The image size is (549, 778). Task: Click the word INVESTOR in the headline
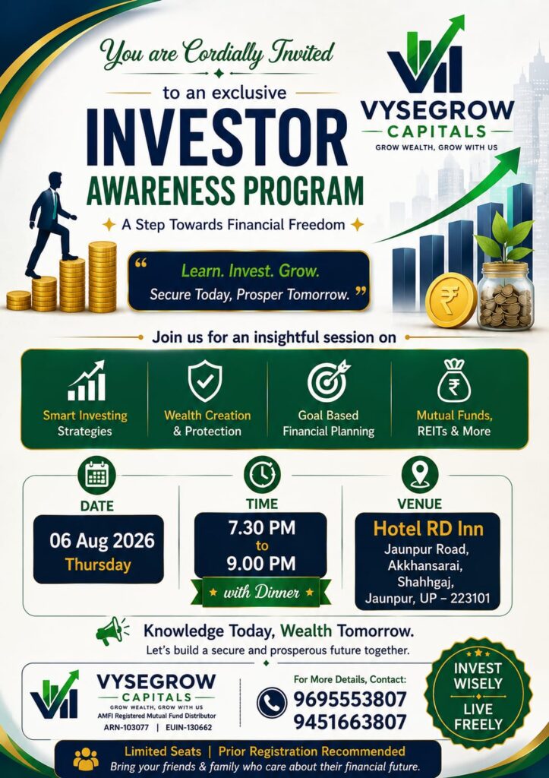pyautogui.click(x=217, y=138)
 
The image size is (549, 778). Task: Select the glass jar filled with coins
pyautogui.click(x=506, y=296)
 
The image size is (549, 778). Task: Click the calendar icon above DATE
pyautogui.click(x=96, y=475)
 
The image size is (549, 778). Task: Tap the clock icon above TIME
pyautogui.click(x=262, y=474)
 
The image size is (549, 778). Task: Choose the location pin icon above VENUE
pyautogui.click(x=420, y=474)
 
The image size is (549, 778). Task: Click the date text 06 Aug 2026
pyautogui.click(x=102, y=540)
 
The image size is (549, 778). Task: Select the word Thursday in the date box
pyautogui.click(x=98, y=565)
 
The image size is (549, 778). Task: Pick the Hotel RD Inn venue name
pyautogui.click(x=428, y=529)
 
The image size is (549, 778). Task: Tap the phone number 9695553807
pyautogui.click(x=350, y=699)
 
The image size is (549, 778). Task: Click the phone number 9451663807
pyautogui.click(x=350, y=722)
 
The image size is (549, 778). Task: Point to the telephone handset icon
pyautogui.click(x=272, y=703)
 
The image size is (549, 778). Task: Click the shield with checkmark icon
pyautogui.click(x=205, y=381)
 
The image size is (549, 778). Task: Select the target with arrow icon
pyautogui.click(x=328, y=381)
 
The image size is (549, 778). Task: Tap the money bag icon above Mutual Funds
pyautogui.click(x=454, y=380)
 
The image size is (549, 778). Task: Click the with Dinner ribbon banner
pyautogui.click(x=261, y=592)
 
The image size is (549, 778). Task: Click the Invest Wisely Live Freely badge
pyautogui.click(x=478, y=696)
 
